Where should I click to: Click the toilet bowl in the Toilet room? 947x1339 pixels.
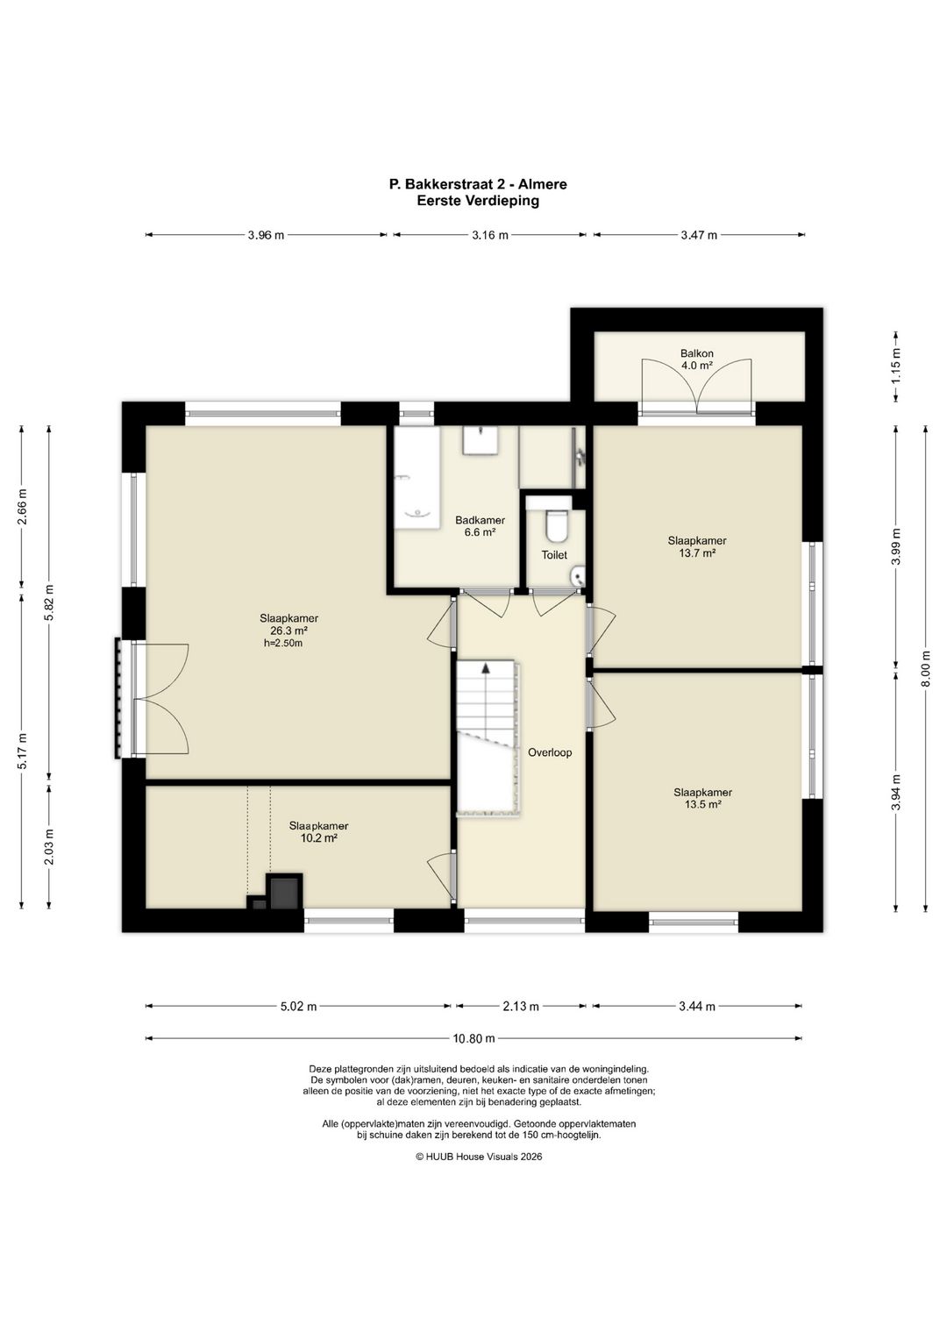pyautogui.click(x=556, y=524)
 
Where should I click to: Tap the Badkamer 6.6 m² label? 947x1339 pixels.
pyautogui.click(x=480, y=526)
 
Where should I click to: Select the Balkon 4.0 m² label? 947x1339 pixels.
pyautogui.click(x=696, y=360)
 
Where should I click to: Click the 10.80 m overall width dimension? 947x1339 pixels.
pyautogui.click(x=473, y=1038)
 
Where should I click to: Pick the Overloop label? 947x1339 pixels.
pyautogui.click(x=550, y=752)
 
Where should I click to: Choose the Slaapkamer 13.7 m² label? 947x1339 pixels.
pyautogui.click(x=697, y=547)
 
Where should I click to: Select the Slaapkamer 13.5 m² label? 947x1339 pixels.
pyautogui.click(x=702, y=798)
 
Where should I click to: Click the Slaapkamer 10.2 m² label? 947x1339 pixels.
pyautogui.click(x=318, y=831)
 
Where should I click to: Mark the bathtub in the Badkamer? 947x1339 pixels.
pyautogui.click(x=417, y=477)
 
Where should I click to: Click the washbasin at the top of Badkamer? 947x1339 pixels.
pyautogui.click(x=481, y=439)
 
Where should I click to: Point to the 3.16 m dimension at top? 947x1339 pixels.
pyautogui.click(x=489, y=235)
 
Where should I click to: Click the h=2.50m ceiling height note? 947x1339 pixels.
pyautogui.click(x=282, y=644)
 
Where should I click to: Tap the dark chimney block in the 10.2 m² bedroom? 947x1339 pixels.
pyautogui.click(x=284, y=892)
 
